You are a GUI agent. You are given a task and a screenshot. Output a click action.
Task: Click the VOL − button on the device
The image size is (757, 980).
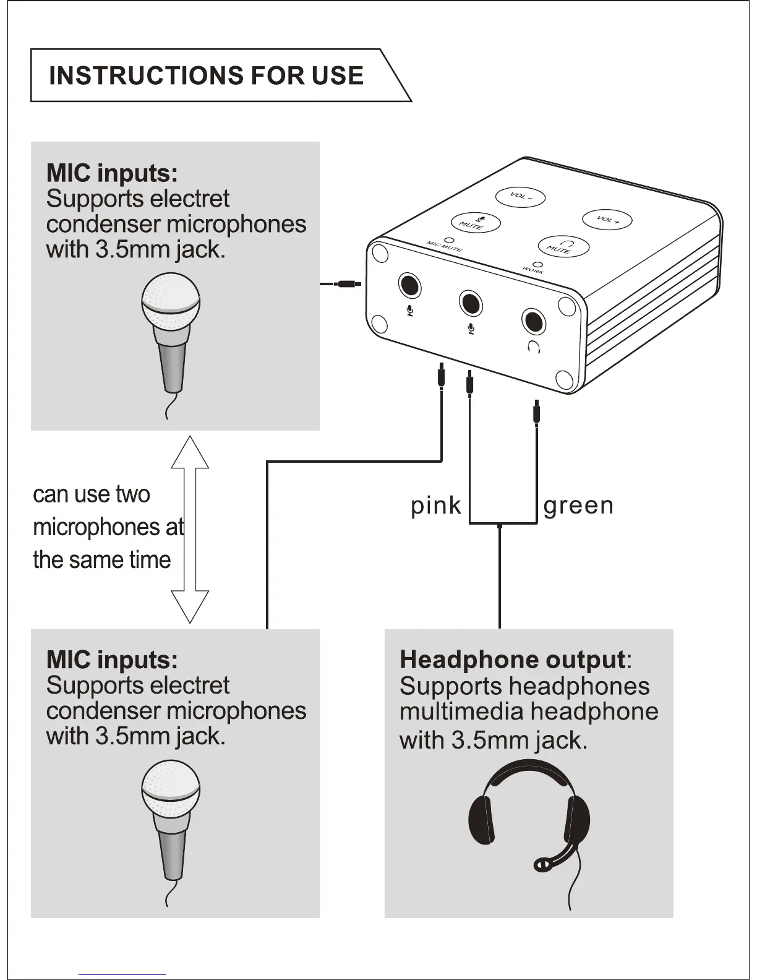point(520,197)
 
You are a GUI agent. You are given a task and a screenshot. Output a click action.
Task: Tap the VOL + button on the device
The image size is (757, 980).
point(607,220)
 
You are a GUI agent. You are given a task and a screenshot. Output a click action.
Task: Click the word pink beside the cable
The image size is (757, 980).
point(436,506)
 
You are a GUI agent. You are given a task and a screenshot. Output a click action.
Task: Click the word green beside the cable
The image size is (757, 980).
point(578,506)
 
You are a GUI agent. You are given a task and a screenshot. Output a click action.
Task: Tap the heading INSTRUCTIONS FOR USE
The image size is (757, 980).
point(206,75)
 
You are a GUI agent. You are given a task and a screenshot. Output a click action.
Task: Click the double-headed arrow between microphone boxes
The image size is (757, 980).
point(190,530)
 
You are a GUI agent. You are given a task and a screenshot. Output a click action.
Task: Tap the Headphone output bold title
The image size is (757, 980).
point(512,660)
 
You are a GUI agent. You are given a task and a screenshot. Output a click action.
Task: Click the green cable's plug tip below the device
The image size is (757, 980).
point(536,411)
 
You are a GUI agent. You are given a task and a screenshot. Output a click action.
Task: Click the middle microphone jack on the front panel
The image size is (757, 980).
point(471,303)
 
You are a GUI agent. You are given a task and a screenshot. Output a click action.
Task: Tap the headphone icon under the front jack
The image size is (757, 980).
point(534,347)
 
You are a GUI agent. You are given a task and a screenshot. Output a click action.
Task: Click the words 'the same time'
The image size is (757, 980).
point(102,560)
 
